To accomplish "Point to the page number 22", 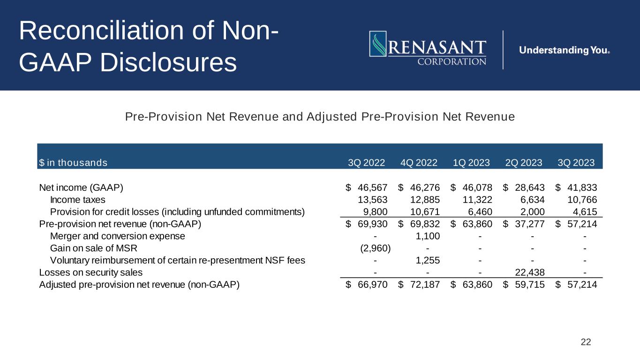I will [x=586, y=342].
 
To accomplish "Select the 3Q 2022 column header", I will [x=366, y=163].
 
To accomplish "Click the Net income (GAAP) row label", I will [x=81, y=187].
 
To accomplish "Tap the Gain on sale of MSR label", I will [x=93, y=248].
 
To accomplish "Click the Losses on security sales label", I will [x=91, y=272].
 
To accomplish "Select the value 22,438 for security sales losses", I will [x=529, y=272].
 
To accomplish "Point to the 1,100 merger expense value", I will [x=428, y=236].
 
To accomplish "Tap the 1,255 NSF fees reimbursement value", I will [x=428, y=260].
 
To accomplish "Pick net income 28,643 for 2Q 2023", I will [x=529, y=187].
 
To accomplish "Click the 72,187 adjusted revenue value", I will [x=424, y=284].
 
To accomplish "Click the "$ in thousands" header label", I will [x=73, y=163].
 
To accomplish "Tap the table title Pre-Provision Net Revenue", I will [x=320, y=117].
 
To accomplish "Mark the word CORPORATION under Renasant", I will [x=452, y=61].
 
